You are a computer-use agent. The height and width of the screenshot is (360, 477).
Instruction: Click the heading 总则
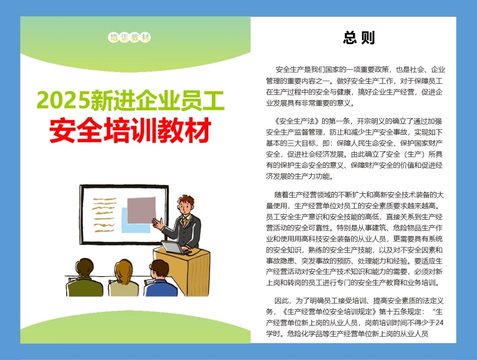tap(359, 38)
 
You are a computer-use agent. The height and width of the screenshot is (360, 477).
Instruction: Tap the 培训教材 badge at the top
tap(129, 38)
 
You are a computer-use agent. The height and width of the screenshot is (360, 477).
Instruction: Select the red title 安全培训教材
tap(130, 130)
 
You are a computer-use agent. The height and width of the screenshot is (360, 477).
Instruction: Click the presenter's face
tap(185, 207)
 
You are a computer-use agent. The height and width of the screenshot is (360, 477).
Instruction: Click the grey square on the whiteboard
tap(142, 210)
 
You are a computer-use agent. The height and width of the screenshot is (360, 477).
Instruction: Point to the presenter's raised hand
tap(158, 224)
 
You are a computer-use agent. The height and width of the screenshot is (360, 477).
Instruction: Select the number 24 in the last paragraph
tap(439, 323)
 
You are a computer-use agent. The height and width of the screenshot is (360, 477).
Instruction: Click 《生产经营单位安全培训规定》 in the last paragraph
tap(330, 312)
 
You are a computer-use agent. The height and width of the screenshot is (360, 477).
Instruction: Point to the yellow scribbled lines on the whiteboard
tap(104, 214)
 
